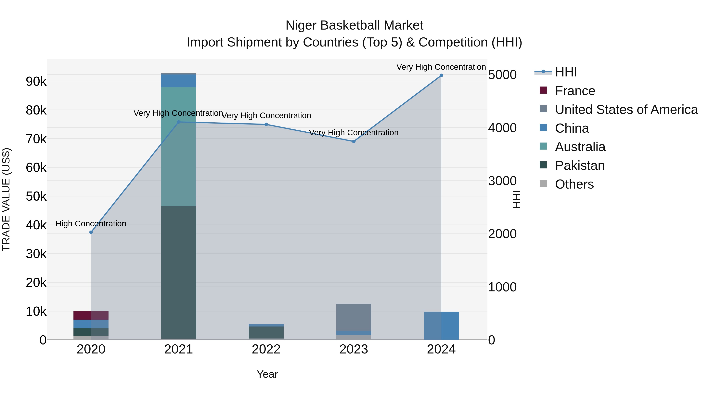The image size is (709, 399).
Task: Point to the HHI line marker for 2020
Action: [x=91, y=232]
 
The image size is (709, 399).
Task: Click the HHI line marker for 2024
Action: [x=441, y=75]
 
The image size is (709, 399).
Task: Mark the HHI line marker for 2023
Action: [x=354, y=141]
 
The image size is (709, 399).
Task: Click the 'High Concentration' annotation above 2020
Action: [x=91, y=224]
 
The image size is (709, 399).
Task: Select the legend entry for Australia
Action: [x=580, y=147]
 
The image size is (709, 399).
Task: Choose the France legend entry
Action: [x=575, y=91]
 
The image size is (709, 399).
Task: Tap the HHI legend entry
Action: [x=566, y=72]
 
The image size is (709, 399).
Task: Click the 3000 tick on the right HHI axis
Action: [x=502, y=181]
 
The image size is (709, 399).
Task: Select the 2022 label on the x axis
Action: [x=266, y=349]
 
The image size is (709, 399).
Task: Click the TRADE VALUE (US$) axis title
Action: [x=6, y=199]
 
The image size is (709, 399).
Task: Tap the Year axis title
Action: [x=267, y=374]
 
